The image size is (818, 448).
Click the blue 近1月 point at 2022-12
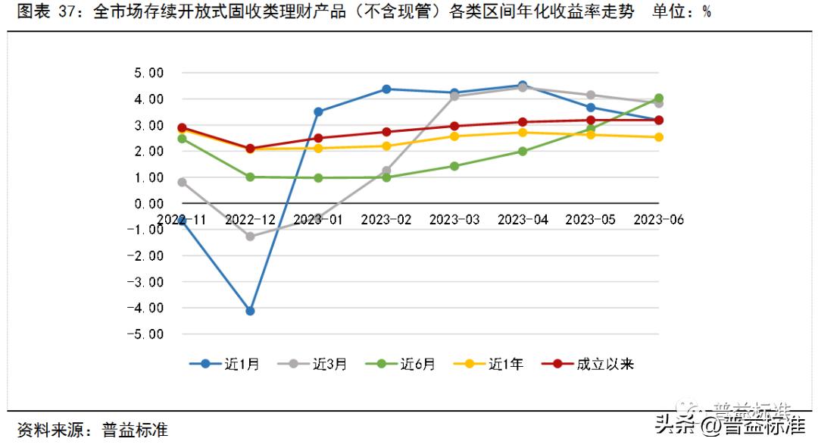point(250,311)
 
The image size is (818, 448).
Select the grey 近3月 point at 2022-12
point(250,236)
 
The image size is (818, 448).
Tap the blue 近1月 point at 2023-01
point(318,111)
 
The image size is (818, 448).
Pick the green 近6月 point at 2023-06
point(659,99)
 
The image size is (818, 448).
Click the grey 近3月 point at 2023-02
point(386,171)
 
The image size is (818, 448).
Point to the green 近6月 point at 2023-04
point(523,151)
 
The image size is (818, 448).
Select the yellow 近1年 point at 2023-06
point(659,137)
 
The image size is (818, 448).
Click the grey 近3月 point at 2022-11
point(182,182)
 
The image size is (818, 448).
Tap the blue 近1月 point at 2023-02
point(386,89)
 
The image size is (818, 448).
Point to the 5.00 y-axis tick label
point(149,73)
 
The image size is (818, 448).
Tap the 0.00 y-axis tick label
point(149,203)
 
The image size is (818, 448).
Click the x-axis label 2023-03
point(454,219)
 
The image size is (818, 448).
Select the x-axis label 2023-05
point(591,219)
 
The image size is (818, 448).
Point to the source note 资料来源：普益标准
point(92,430)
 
